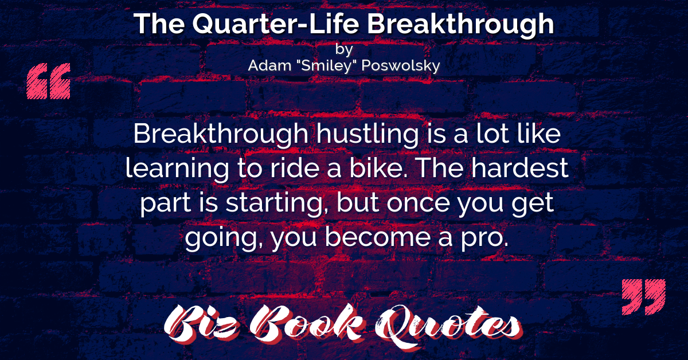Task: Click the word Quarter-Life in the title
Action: pos(276,24)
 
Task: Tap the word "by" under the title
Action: pos(344,49)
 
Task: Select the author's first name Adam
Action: pos(269,65)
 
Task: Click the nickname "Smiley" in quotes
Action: pos(326,66)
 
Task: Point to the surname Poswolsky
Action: pos(401,66)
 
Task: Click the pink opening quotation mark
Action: pos(49,81)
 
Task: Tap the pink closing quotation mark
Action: pos(644,297)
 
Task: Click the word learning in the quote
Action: pos(177,169)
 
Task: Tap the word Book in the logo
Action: pos(307,323)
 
